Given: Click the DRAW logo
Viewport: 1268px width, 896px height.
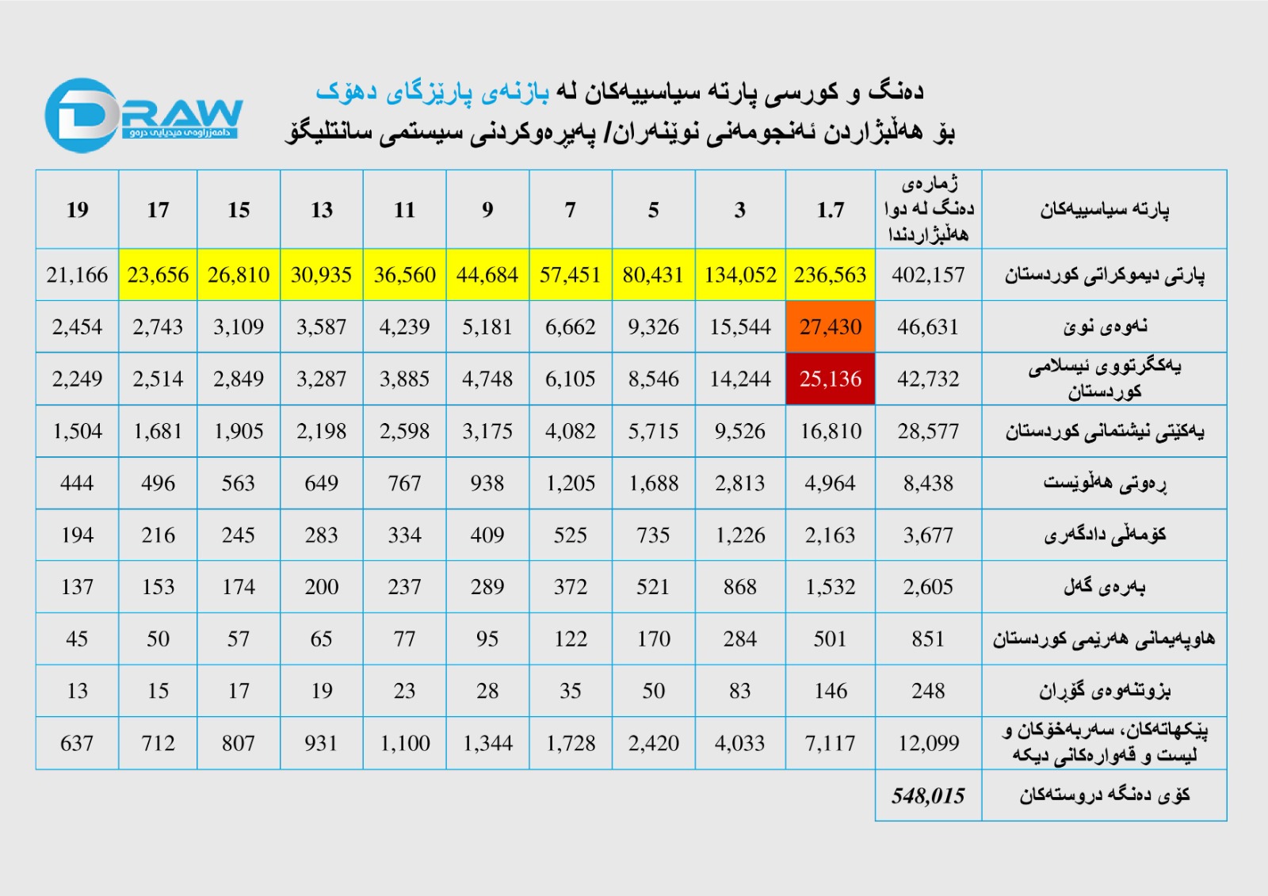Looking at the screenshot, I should click(x=143, y=116).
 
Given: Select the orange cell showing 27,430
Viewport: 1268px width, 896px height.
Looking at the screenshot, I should click(x=830, y=326).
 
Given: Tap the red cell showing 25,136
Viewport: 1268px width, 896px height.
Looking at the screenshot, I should click(x=830, y=379).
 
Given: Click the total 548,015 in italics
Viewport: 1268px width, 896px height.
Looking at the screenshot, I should click(x=928, y=795).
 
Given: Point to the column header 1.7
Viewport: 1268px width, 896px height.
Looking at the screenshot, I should click(x=830, y=210).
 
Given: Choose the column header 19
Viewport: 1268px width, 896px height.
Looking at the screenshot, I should click(x=77, y=210).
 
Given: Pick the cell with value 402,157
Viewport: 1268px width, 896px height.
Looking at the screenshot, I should click(x=928, y=275).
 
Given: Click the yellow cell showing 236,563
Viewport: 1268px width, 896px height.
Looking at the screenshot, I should click(x=830, y=275).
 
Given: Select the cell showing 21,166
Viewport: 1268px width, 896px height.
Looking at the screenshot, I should click(x=77, y=275).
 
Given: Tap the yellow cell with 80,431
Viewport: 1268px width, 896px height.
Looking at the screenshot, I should click(x=653, y=275).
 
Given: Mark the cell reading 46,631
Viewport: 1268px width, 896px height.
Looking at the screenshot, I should click(x=928, y=326).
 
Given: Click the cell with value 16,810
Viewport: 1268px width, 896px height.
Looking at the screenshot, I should click(x=830, y=431).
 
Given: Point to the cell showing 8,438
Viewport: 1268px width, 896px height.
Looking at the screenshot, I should click(x=928, y=483).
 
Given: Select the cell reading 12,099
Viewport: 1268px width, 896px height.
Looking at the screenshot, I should click(x=928, y=743).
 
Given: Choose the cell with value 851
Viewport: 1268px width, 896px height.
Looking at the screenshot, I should click(x=928, y=639).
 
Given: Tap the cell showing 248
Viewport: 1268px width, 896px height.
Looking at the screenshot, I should click(x=928, y=691).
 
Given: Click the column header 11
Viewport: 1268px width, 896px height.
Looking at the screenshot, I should click(x=404, y=210).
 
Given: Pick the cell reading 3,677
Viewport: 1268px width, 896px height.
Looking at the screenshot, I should click(x=928, y=536).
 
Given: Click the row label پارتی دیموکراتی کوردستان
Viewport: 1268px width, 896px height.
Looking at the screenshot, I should click(x=1104, y=275).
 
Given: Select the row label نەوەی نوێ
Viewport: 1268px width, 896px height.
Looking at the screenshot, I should click(x=1104, y=326).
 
